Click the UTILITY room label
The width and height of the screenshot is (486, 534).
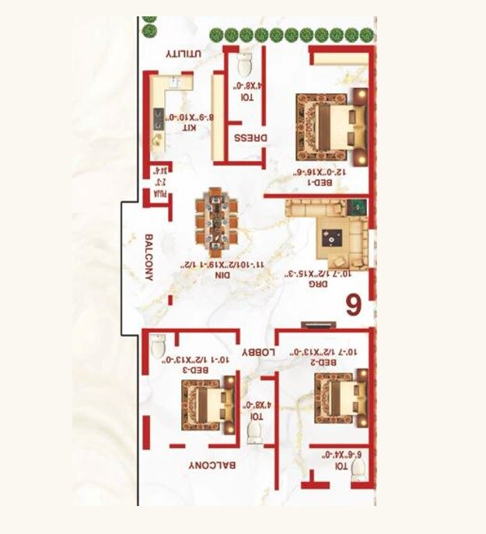coord(184,54)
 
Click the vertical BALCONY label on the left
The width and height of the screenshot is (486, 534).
coord(148,257)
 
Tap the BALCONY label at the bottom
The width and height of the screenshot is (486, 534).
coord(212,465)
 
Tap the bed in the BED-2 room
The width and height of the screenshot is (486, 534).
coord(339,400)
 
